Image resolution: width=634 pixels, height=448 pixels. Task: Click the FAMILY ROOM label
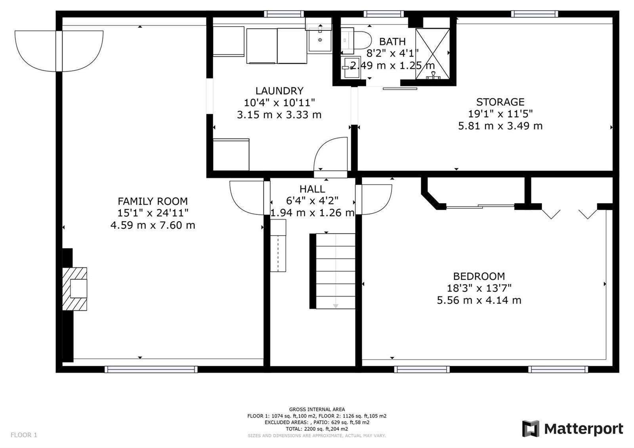point(153,201)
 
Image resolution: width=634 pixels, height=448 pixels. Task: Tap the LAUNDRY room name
point(279,91)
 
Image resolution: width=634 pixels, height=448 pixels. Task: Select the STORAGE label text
point(500,102)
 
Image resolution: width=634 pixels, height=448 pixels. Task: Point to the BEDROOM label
point(479,276)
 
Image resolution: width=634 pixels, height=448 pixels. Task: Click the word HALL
point(312,189)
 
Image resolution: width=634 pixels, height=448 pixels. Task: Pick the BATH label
point(392,42)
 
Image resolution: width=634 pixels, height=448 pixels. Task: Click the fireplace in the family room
point(75,289)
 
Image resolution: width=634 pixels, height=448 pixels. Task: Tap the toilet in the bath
point(356,41)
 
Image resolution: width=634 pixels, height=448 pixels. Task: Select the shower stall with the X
point(432,54)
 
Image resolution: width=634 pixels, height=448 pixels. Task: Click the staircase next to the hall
point(332,271)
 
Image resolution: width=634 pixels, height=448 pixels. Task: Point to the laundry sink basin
point(320,40)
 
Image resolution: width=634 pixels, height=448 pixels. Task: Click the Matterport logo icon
point(531,429)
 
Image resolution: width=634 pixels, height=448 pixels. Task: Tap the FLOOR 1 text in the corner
point(24,435)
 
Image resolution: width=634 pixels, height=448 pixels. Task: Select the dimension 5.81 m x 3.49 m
point(500,126)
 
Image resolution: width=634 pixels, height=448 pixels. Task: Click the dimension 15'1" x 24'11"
point(153,213)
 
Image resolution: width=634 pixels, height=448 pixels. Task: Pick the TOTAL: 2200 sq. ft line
point(317,429)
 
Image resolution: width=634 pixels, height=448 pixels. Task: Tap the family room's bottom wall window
point(151,369)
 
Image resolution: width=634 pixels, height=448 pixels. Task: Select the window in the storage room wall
point(535,14)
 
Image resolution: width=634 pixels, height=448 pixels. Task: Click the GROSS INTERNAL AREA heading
point(317,409)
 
